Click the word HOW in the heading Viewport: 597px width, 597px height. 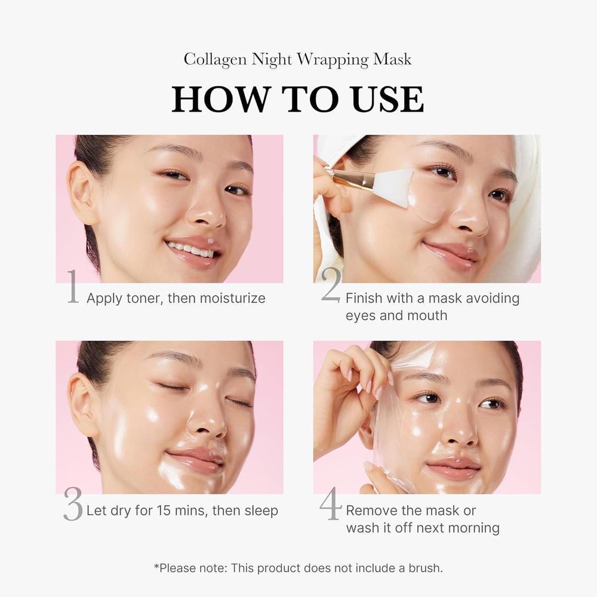point(214,100)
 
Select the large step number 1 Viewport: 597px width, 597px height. point(73,287)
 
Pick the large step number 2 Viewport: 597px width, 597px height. point(331,287)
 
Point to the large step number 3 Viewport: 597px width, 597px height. point(73,506)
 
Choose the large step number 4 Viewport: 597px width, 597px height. point(331,505)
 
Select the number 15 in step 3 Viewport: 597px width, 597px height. point(165,511)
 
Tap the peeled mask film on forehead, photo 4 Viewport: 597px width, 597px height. point(415,358)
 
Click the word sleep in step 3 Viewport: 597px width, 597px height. point(260,511)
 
